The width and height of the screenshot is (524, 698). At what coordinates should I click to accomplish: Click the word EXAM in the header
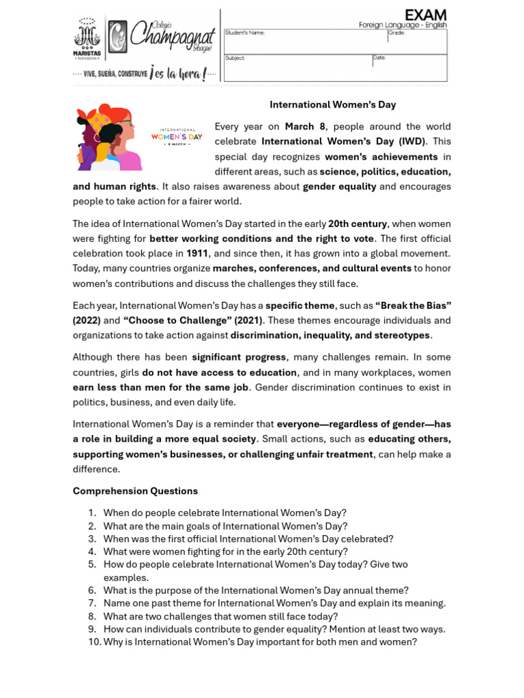(x=425, y=15)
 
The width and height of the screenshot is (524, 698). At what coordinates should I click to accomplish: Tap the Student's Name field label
(x=245, y=33)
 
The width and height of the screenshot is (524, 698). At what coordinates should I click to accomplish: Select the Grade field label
(x=396, y=33)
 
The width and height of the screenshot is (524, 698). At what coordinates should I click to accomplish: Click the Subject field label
(x=235, y=59)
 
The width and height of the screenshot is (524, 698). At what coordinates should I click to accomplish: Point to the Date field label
(x=379, y=58)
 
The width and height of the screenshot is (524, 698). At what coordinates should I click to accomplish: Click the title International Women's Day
(x=332, y=105)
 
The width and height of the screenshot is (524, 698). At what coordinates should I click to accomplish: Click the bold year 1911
(x=197, y=254)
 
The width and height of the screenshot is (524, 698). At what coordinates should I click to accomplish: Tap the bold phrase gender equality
(x=339, y=187)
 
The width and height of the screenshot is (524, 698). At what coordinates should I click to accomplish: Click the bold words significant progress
(x=239, y=357)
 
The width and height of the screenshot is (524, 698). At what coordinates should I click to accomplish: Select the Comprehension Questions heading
(x=135, y=491)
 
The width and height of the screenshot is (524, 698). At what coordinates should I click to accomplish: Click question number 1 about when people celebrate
(x=224, y=513)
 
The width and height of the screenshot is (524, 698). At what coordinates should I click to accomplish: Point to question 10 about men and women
(x=259, y=642)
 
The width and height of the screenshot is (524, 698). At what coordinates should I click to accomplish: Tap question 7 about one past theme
(x=274, y=603)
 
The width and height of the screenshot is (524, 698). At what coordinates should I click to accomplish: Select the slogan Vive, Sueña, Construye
(x=113, y=73)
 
